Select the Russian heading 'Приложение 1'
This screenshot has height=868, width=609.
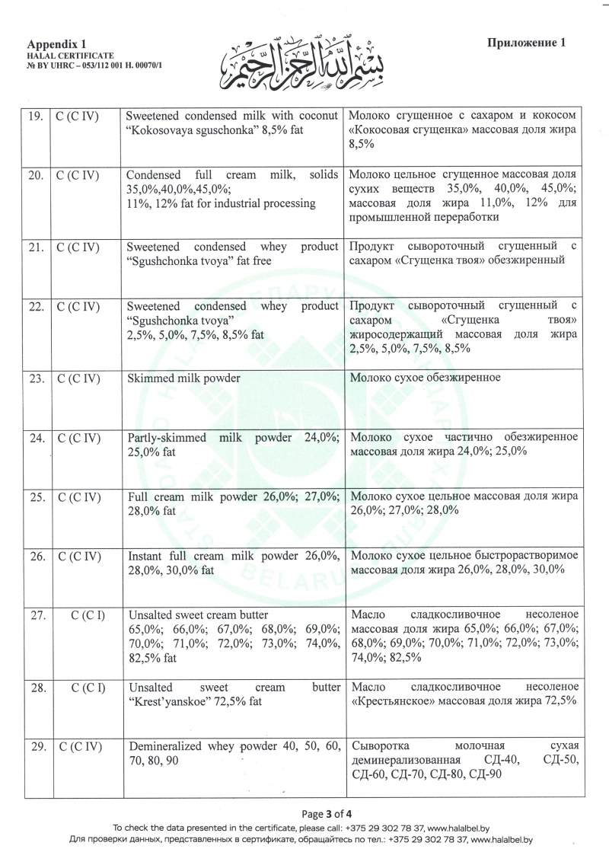coord(527,43)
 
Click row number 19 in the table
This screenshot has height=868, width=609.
coord(34,116)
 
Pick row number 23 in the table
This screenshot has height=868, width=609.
coord(34,378)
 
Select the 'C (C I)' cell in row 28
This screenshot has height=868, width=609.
coord(88,688)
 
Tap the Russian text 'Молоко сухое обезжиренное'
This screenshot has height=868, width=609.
coord(424,378)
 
